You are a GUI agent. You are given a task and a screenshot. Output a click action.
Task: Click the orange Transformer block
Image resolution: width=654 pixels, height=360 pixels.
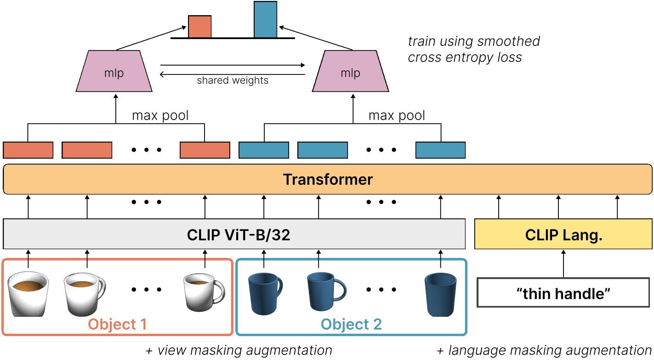pos(327,179)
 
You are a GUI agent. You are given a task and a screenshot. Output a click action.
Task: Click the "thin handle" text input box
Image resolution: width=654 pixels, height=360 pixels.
pos(563,292)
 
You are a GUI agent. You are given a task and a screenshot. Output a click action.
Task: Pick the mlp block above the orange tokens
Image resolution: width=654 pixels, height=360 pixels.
pos(114,72)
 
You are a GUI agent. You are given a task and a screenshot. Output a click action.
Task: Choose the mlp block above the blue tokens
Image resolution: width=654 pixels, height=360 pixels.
pos(350,72)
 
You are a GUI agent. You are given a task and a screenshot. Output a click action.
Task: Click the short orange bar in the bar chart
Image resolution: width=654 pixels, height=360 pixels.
pos(200,27)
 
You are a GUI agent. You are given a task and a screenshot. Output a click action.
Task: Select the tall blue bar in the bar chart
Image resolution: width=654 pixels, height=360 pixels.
pos(266,19)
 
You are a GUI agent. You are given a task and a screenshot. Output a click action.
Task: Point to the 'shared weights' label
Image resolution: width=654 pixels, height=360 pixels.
pos(233,81)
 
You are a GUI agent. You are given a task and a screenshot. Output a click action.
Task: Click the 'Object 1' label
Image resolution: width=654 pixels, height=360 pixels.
pos(117,325)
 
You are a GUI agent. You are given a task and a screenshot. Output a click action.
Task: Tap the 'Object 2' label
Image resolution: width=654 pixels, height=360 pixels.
pos(351,325)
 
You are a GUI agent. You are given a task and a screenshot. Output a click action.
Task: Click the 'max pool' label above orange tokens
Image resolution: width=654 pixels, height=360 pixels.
pos(160,115)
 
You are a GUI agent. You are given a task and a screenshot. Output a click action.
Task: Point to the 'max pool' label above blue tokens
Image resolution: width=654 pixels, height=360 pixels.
pos(397,115)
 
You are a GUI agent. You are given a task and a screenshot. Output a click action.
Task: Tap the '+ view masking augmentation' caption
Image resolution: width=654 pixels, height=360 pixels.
pos(239,350)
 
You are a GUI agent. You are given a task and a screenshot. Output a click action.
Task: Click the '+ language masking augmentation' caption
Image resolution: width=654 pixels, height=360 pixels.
pos(544,350)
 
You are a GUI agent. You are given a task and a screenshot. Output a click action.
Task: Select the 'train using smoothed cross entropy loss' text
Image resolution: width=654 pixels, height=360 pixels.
pos(473,49)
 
